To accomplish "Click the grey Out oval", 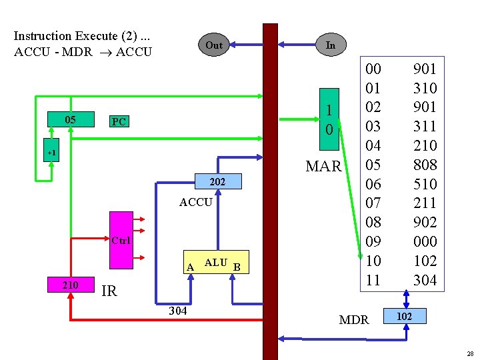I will click(x=214, y=45).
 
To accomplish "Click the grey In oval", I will click(x=330, y=45).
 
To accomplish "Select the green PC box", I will click(x=119, y=122).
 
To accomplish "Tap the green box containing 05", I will click(x=70, y=120).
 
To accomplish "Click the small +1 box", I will click(x=51, y=153).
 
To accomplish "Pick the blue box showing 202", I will click(x=217, y=181).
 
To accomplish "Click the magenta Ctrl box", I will click(x=121, y=239).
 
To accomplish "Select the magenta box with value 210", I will click(x=70, y=285).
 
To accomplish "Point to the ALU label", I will click(x=215, y=263).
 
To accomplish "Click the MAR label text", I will click(x=323, y=167).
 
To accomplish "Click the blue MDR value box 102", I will click(x=404, y=315).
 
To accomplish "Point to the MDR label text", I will click(x=353, y=320).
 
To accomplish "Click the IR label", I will click(x=109, y=291).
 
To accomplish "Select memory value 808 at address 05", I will click(x=425, y=165).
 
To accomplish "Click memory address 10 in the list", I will click(x=373, y=261).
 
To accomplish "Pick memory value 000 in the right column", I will click(x=425, y=241).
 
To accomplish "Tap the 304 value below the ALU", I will click(x=177, y=311).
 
